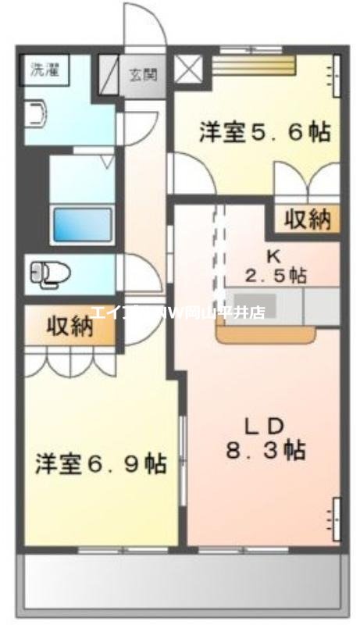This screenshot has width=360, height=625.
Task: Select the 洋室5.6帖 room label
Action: [263, 131]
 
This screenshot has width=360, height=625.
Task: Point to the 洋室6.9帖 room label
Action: [100, 464]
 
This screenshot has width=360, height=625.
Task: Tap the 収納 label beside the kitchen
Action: [307, 220]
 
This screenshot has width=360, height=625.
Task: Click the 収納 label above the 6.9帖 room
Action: [69, 326]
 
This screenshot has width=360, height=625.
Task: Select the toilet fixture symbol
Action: [48, 273]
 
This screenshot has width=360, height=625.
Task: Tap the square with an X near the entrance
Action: [187, 69]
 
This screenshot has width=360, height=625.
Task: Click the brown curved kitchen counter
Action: [266, 335]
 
